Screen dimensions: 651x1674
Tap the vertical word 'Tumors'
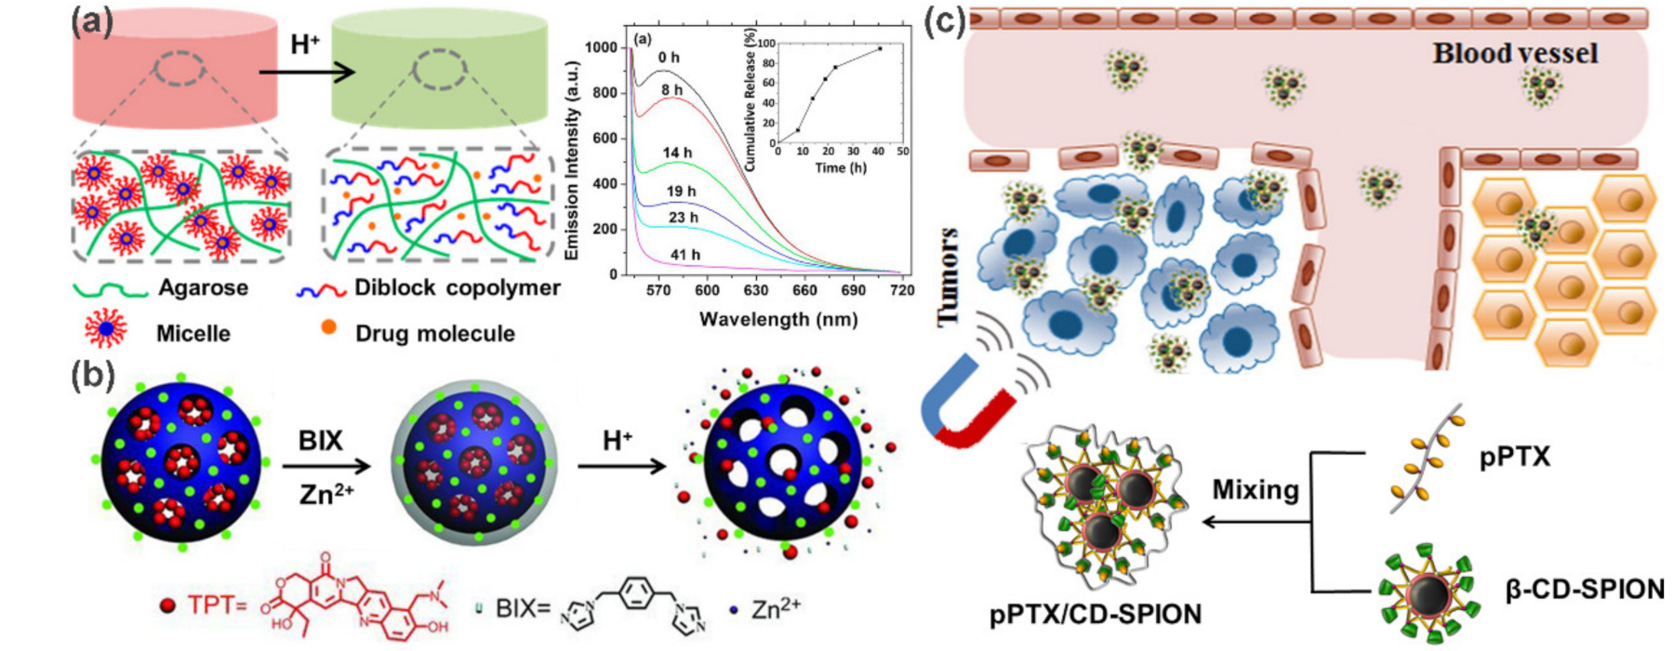click(948, 277)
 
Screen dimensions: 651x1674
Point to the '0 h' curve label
click(669, 58)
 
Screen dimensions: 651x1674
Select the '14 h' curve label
click(677, 153)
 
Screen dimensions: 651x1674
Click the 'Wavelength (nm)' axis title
click(777, 319)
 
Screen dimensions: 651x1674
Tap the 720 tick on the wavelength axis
click(901, 291)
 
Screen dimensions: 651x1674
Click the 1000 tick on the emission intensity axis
click(601, 47)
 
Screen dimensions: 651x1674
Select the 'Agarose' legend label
click(203, 287)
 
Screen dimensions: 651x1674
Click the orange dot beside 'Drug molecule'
click(327, 326)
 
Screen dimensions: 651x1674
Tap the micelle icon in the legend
click(105, 329)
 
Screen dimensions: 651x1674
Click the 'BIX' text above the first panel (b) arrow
click(320, 440)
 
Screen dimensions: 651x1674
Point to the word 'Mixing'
click(1255, 489)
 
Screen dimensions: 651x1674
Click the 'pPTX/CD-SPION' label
click(1096, 614)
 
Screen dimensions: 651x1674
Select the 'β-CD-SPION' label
click(1584, 589)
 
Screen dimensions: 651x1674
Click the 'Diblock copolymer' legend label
click(457, 287)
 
